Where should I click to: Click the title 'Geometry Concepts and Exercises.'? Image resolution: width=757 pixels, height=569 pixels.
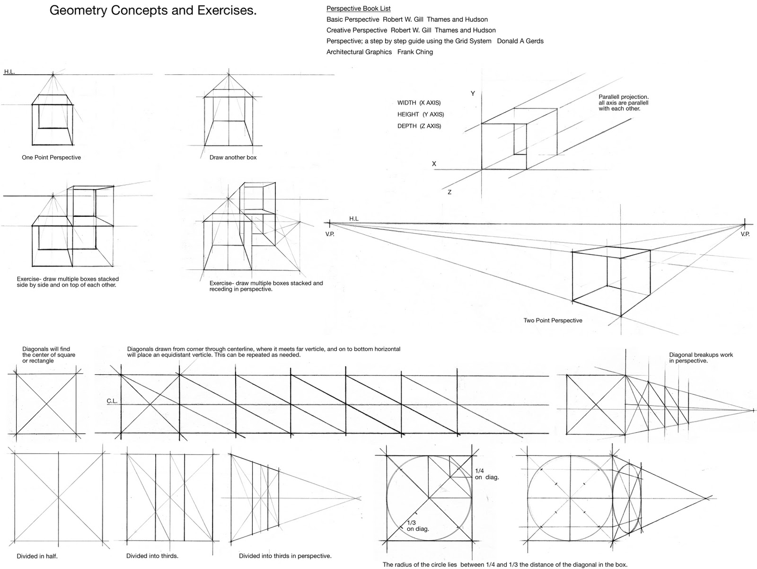153,11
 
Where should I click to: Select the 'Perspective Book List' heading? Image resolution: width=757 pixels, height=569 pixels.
358,9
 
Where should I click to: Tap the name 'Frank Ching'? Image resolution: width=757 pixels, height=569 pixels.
415,52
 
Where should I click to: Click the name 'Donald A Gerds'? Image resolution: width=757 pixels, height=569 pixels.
520,41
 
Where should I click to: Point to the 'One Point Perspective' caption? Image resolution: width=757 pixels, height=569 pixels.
51,158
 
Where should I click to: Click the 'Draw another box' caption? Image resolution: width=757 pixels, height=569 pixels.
233,158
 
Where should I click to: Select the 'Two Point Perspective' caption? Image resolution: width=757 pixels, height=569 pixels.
553,320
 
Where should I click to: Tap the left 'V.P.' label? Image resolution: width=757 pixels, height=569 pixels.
330,234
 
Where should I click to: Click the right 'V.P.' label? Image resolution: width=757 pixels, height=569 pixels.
745,234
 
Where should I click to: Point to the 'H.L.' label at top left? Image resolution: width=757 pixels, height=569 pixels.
9,72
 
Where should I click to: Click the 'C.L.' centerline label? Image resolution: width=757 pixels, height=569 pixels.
112,401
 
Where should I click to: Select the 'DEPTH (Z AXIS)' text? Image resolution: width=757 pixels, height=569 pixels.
419,126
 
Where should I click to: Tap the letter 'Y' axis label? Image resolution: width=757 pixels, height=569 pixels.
472,94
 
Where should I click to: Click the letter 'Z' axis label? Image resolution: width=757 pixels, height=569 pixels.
449,192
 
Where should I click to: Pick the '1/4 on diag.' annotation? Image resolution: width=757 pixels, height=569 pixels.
486,474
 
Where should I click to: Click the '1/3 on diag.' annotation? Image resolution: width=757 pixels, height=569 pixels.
417,525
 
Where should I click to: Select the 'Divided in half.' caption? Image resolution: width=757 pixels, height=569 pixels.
37,556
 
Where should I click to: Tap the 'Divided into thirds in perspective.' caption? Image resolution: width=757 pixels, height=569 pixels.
285,556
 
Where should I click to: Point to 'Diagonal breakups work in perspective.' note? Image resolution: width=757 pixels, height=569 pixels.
701,357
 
